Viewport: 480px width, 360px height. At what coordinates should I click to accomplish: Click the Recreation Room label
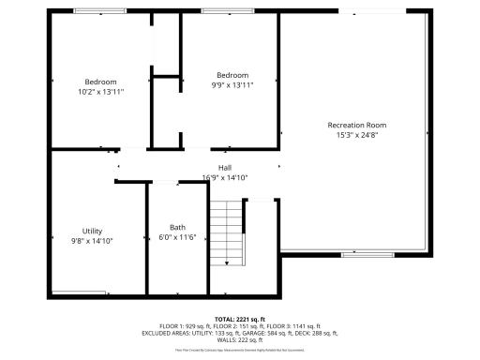point(356,125)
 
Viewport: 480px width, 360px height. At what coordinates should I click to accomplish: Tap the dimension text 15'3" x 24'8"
point(356,135)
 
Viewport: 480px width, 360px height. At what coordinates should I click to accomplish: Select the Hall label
point(225,168)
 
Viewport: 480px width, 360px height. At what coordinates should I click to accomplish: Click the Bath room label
point(177,228)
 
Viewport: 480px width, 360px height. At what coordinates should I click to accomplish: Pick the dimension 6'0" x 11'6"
point(177,238)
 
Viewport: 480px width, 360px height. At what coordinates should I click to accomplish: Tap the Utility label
point(92,232)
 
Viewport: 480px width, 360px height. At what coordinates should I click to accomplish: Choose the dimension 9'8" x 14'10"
point(92,242)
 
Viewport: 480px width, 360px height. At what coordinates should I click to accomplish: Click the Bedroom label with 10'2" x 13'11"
point(101,82)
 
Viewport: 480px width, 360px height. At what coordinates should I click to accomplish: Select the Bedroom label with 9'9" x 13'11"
point(232,75)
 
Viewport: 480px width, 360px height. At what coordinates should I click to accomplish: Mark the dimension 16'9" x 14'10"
point(225,178)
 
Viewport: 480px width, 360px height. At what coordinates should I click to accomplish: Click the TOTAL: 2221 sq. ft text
point(240,319)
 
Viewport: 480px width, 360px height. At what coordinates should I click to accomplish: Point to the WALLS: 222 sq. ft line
point(240,339)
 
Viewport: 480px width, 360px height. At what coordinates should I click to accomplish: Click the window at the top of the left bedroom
point(101,10)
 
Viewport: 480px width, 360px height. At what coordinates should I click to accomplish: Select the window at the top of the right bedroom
point(230,10)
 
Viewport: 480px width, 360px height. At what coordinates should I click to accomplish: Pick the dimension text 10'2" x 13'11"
point(101,92)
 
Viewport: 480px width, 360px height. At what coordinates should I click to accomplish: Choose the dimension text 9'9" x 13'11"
point(232,85)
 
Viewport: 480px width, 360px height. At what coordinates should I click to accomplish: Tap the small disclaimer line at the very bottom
point(240,349)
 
